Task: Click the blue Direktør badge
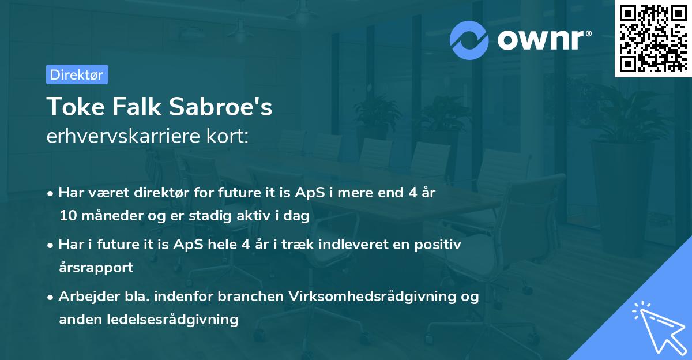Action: pyautogui.click(x=77, y=74)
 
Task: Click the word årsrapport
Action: pyautogui.click(x=96, y=268)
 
